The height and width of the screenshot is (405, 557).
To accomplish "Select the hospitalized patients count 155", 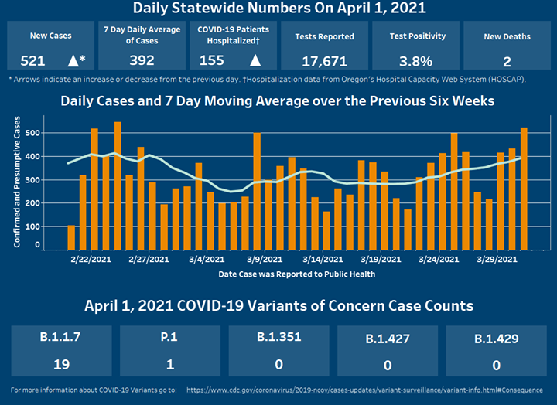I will coord(212,60).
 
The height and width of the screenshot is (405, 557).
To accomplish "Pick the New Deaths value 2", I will coord(506,60).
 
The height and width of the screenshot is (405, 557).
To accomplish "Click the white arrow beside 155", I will coord(254,60).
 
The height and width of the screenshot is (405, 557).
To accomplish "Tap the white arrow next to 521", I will coord(74,60).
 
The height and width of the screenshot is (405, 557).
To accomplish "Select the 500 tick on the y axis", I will coord(30,133).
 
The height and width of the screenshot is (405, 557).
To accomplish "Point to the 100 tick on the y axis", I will coord(30,226).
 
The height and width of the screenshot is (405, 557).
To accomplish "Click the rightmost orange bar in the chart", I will coord(524,189).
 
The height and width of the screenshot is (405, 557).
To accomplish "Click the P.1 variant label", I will coord(170,339).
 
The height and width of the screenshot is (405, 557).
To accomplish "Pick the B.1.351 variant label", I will coord(278,338).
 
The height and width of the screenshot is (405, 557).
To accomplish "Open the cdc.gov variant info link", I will coord(364,390).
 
